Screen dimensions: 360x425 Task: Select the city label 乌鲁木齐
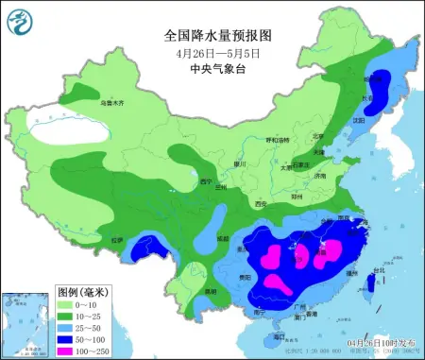[x=112, y=102]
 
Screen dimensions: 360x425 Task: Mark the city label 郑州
[x=295, y=197]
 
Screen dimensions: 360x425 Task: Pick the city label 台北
[x=380, y=270]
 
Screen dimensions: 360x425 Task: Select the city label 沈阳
[x=358, y=120]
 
